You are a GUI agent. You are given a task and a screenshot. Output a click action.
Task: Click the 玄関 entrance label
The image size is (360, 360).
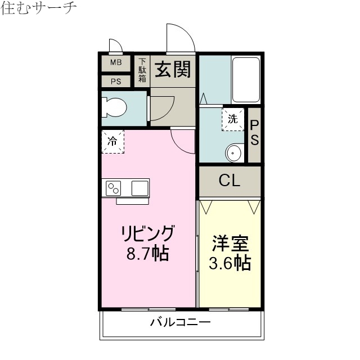point(173,70)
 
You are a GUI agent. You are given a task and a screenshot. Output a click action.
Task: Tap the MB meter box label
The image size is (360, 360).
point(115,62)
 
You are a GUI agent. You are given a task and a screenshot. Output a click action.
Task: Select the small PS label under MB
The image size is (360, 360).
point(115,81)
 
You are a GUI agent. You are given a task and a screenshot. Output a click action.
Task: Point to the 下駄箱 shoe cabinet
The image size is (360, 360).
point(142,70)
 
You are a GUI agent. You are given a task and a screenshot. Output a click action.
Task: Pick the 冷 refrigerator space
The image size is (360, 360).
point(112,142)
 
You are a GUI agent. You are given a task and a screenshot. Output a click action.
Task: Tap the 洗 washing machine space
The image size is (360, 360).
point(233,119)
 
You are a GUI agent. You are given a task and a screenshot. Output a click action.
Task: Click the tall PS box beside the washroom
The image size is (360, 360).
point(254,133)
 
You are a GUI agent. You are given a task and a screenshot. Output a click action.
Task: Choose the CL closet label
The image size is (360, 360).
point(229,181)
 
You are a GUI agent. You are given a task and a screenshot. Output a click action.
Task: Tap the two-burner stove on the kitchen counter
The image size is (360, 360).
point(114,187)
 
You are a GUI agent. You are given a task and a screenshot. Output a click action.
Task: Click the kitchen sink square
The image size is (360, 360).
point(139,187)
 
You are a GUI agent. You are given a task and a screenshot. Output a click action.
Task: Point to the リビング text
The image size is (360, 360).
point(148,233)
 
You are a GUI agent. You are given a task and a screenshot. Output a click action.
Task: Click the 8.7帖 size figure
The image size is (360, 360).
point(148,253)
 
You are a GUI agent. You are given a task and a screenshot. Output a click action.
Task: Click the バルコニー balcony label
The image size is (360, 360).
point(180,323)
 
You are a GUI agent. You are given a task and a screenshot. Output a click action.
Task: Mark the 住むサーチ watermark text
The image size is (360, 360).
point(38,8)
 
